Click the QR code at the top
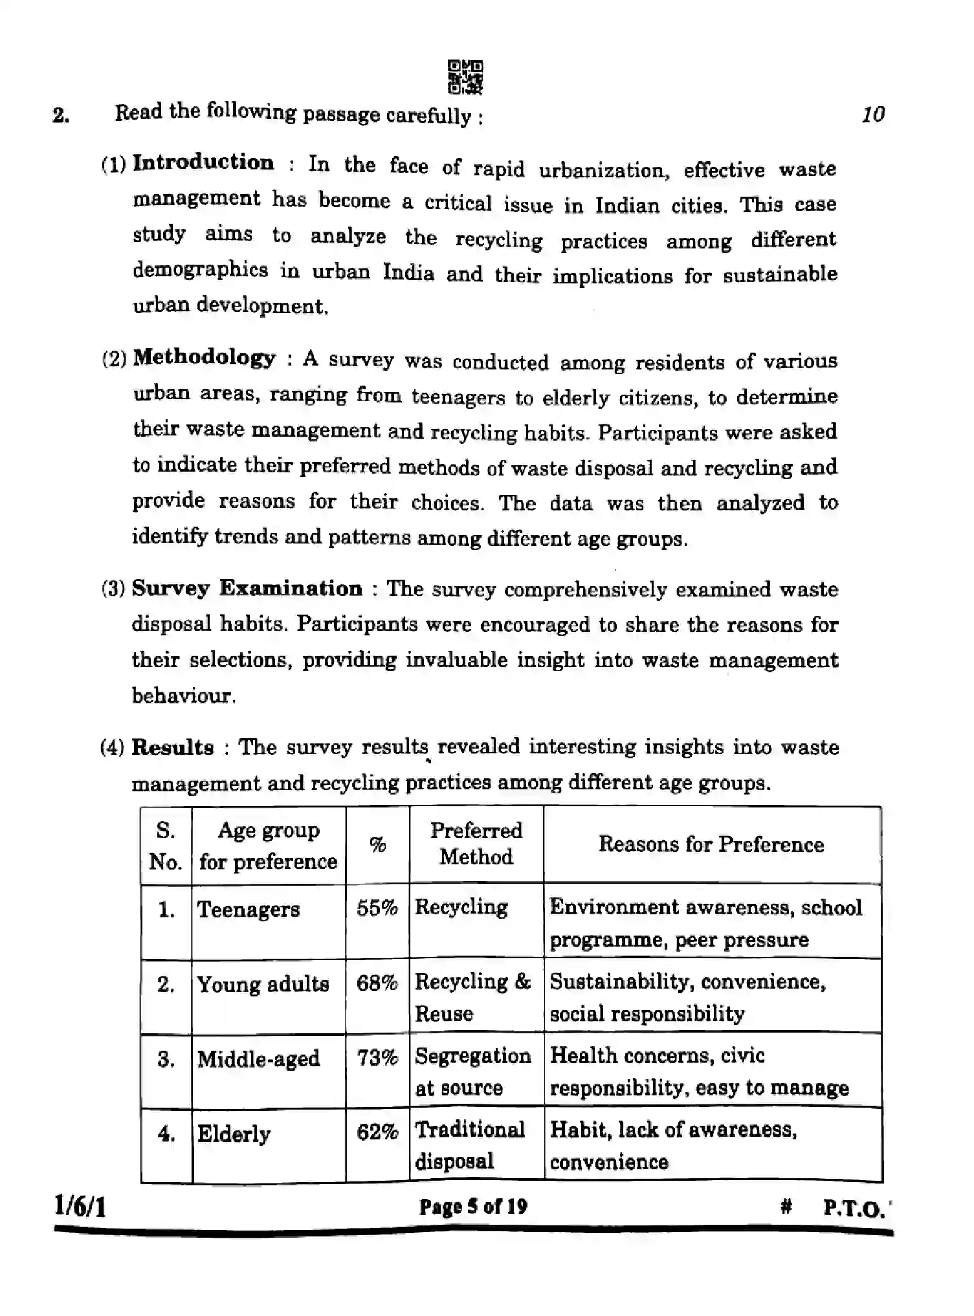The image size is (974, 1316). click(x=465, y=77)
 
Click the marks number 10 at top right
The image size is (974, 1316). click(x=873, y=115)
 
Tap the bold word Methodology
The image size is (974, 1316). click(x=205, y=357)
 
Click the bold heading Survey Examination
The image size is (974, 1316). click(x=247, y=588)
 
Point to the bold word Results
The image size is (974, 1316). click(x=172, y=747)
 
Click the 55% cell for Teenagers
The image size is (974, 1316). click(x=377, y=908)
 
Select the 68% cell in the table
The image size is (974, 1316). click(x=377, y=983)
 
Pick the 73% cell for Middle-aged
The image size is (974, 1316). click(x=377, y=1058)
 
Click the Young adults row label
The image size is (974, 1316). click(x=263, y=984)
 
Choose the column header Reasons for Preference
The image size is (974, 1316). click(x=711, y=844)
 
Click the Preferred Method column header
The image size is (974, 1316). click(x=476, y=844)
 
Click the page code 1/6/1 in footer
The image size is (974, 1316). click(x=80, y=1207)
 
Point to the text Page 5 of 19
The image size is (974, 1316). click(x=473, y=1207)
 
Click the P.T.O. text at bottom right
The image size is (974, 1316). click(x=854, y=1208)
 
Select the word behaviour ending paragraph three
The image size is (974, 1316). click(x=183, y=696)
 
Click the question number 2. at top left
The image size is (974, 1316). click(x=61, y=116)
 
